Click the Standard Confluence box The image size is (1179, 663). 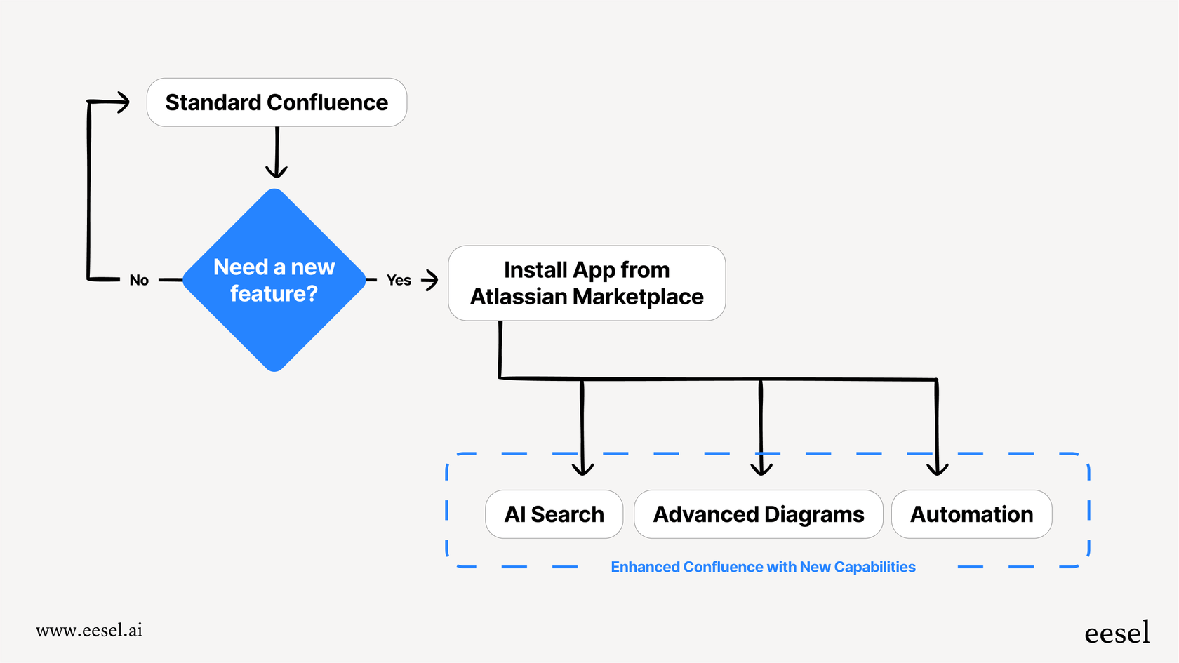coord(277,102)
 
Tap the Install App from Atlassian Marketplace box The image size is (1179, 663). coord(587,283)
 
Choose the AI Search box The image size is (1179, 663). coord(554,514)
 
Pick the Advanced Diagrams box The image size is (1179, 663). coord(758,514)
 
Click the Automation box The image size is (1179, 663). coord(971,514)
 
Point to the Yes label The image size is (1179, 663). coord(399,280)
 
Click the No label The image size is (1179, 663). coord(139,280)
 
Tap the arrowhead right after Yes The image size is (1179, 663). coord(431,280)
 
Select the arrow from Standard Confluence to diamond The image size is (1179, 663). coord(277,153)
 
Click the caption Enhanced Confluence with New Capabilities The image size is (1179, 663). coord(763,567)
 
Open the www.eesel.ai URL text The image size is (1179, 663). coord(89,630)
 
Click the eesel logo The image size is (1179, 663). coord(1117,633)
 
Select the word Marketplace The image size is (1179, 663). coord(638,297)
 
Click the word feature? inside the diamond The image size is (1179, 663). coord(274,293)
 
